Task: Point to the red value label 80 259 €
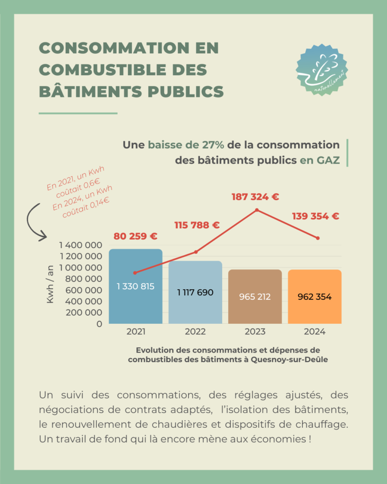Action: point(135,236)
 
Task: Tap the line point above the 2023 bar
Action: point(257,210)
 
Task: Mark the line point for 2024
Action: point(318,238)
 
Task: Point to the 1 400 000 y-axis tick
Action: point(80,245)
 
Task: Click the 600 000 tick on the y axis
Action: point(85,290)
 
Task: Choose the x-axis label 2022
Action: point(195,332)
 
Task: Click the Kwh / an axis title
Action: point(50,284)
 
